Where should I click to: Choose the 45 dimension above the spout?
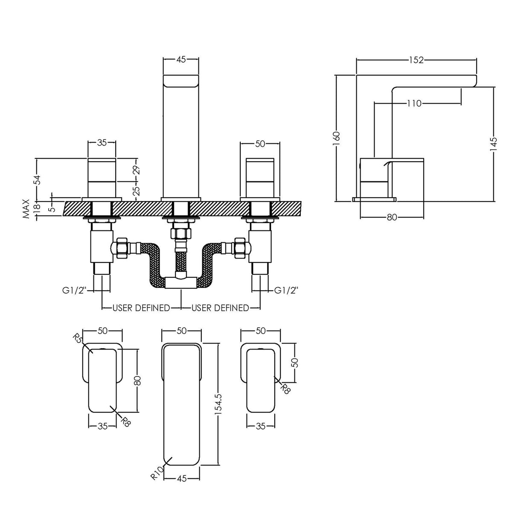click(180, 60)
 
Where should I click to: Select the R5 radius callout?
click(78, 340)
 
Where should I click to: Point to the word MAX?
click(27, 209)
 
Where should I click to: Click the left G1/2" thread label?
click(74, 291)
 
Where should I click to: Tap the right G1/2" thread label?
click(286, 291)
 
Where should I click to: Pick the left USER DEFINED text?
click(141, 308)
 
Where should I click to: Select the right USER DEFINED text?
click(220, 308)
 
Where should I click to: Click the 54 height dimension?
click(37, 180)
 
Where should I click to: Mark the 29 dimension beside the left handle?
click(137, 170)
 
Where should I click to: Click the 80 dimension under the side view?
click(392, 218)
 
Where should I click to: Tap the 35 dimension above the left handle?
click(102, 143)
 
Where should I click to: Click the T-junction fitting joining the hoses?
click(181, 282)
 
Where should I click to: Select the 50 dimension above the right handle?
click(260, 144)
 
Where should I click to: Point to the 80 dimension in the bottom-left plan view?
click(137, 380)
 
